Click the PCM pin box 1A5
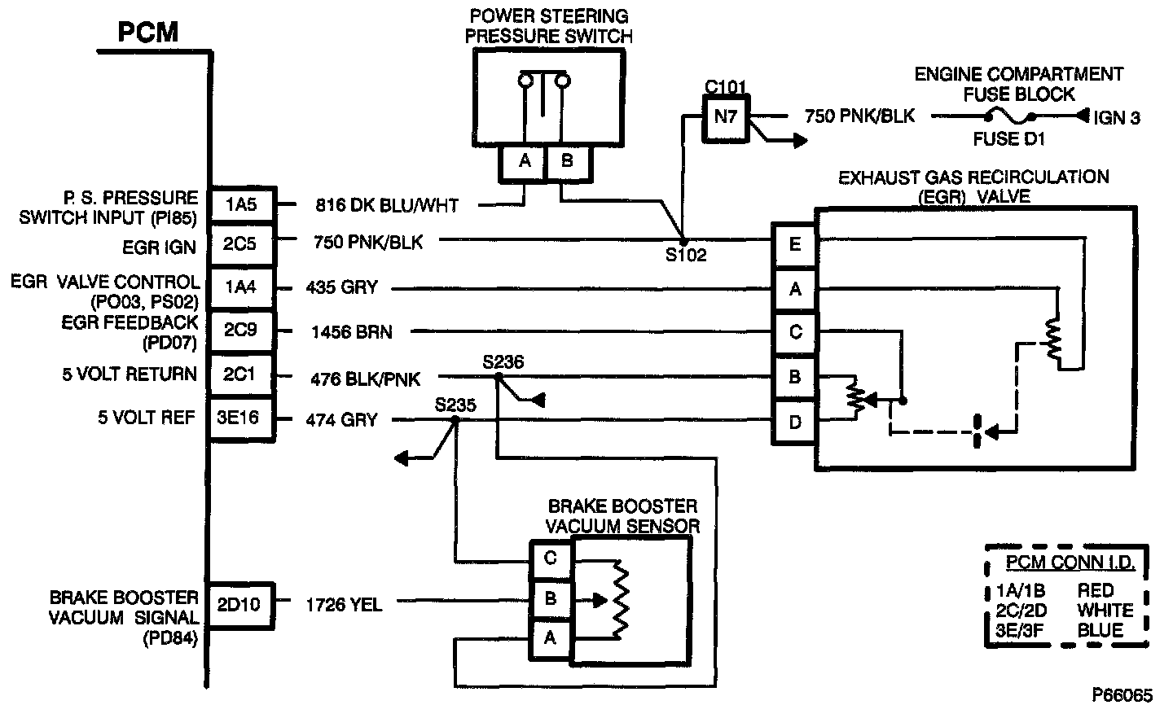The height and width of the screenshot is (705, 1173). coord(242,205)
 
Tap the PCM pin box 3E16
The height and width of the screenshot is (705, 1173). coord(242,420)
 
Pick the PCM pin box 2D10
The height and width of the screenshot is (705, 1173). coord(242,604)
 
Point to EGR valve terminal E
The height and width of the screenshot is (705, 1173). coord(795,243)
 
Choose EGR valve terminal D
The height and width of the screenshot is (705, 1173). coord(795,422)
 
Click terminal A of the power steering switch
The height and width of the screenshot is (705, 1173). coord(525,161)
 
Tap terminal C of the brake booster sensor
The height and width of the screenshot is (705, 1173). coord(550,559)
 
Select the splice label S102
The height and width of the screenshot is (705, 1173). coord(684,255)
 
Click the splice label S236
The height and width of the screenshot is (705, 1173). coord(503,361)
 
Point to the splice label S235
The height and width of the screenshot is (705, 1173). coord(455,405)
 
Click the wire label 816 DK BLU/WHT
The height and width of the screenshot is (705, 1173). coord(387,206)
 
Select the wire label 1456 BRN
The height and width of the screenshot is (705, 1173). coord(351,332)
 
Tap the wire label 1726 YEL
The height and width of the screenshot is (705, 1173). coord(344,604)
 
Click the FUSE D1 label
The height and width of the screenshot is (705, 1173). coord(1008,138)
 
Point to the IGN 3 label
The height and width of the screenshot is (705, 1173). coord(1116,118)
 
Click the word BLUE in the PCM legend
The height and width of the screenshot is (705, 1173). coord(1100,629)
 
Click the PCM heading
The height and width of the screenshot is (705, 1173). coord(147,33)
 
